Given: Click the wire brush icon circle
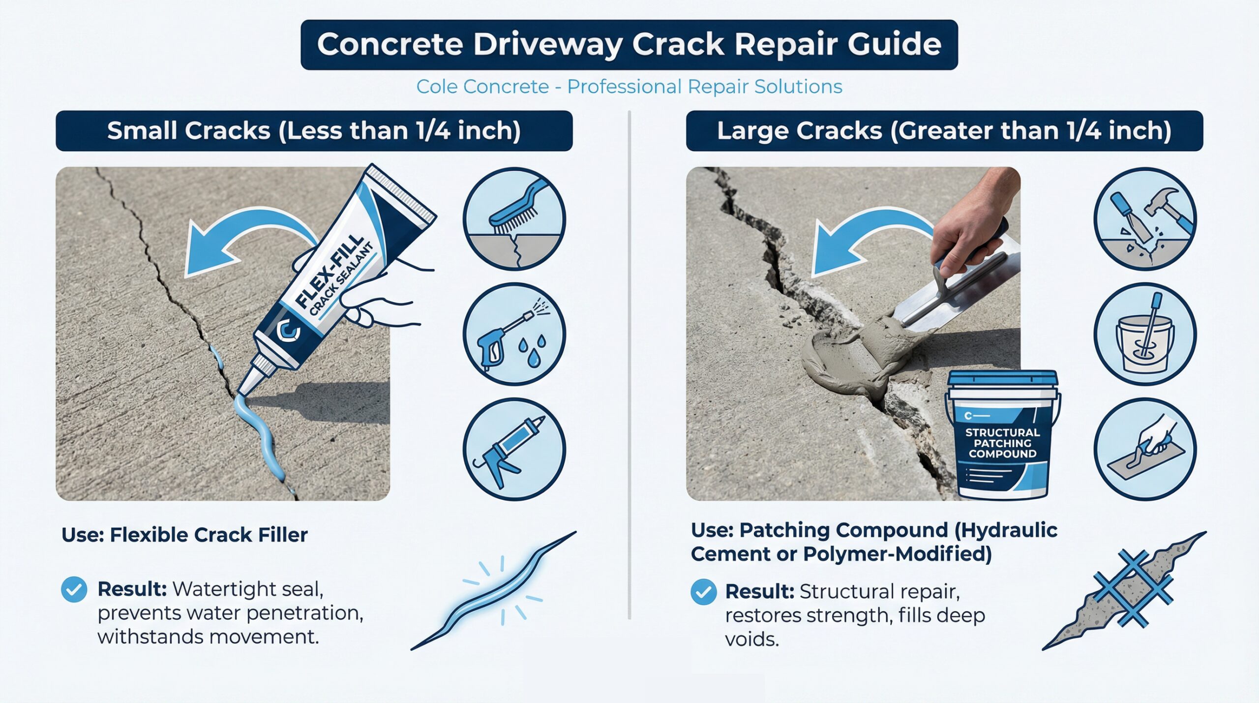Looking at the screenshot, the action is pos(514,219).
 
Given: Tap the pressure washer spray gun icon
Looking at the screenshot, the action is pos(514,334).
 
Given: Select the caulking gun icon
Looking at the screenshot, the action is pos(514,449).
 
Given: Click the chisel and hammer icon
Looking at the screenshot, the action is pos(1145,219).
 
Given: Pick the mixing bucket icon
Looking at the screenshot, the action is pos(1145,334).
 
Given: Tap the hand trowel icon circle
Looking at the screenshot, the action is pos(1145,449).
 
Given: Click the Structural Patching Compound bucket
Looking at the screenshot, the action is pos(1003,435).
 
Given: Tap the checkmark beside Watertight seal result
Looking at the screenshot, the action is pos(74,589).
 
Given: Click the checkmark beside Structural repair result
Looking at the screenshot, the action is pos(703,592).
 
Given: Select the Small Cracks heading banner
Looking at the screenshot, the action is pos(314,131).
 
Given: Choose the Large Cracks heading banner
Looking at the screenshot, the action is pos(944,131).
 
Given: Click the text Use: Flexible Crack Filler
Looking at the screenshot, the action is pos(184,535).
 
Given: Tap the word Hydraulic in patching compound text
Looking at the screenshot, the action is pos(1006,530).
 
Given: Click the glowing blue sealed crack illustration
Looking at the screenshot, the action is pos(493,590).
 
